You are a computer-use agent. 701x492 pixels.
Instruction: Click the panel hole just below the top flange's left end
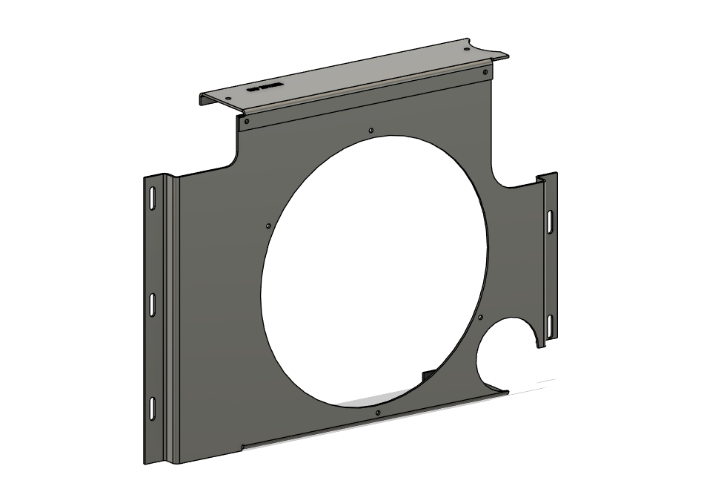247,119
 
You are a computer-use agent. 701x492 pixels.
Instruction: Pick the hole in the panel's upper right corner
485,73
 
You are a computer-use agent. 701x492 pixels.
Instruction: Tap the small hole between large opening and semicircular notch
480,318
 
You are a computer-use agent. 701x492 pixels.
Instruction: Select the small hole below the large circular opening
378,413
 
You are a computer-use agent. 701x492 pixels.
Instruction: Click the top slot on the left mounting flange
150,199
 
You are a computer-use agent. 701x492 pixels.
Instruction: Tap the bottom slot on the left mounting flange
151,407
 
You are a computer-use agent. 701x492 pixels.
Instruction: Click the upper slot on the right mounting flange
549,220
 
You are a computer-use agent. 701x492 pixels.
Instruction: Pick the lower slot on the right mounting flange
549,324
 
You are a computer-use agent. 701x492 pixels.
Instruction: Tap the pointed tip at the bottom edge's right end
507,389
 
